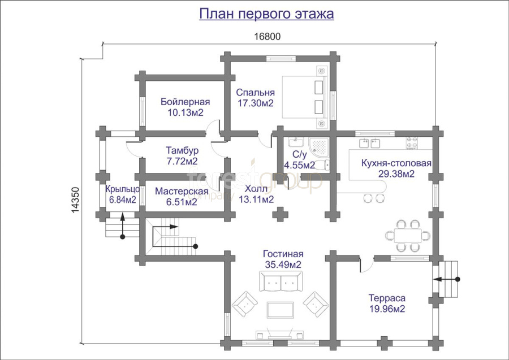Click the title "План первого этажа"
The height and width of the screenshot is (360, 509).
pos(266,14)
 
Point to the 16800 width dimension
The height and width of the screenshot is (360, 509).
pos(267,37)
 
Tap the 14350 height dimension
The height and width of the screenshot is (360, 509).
pos(75,200)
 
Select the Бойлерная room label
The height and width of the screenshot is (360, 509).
pos(186,107)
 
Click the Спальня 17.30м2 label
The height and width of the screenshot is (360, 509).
pos(255,98)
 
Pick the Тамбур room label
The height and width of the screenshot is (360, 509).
pos(182,155)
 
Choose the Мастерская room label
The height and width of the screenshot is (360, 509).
pos(182,197)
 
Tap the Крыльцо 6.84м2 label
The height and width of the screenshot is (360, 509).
pos(123,194)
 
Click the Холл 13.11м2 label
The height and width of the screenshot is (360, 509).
pos(256,194)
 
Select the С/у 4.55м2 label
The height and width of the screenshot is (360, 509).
pos(299,160)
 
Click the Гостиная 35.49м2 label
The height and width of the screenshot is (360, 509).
pos(283,259)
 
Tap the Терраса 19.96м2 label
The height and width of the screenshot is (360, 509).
pos(387,303)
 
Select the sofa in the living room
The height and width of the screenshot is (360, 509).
pos(281,281)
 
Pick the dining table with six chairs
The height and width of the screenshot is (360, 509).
pos(408,236)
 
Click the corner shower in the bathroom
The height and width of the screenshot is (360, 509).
pos(319,146)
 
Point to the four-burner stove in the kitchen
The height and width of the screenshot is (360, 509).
pos(412,143)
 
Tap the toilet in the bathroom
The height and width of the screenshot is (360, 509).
pos(322,165)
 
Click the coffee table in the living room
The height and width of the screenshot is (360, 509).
pos(281,310)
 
